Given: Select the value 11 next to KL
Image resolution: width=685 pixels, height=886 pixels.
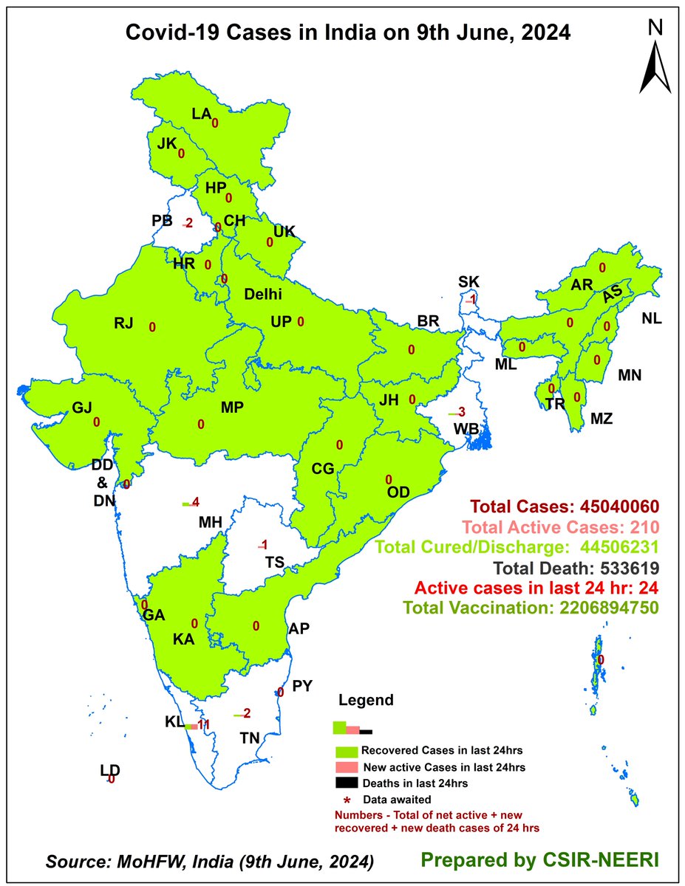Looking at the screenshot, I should point(204,724).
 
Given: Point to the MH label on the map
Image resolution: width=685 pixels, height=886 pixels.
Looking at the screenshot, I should point(210,523).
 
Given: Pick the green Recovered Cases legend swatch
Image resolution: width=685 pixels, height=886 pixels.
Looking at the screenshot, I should point(347,751).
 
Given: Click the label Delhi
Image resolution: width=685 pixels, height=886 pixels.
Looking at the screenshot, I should point(264,295).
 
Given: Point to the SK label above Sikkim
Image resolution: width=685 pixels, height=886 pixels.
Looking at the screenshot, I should point(468,281).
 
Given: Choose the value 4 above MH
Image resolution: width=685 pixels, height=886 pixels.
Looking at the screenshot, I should point(195,503).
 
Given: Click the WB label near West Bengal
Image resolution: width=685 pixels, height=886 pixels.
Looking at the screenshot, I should point(466,428).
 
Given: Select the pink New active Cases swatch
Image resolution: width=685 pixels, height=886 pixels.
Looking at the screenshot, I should point(347,767).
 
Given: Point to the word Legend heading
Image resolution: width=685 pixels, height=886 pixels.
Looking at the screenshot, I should point(366,700).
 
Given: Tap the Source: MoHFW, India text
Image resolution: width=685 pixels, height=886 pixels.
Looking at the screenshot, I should point(209,862).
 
